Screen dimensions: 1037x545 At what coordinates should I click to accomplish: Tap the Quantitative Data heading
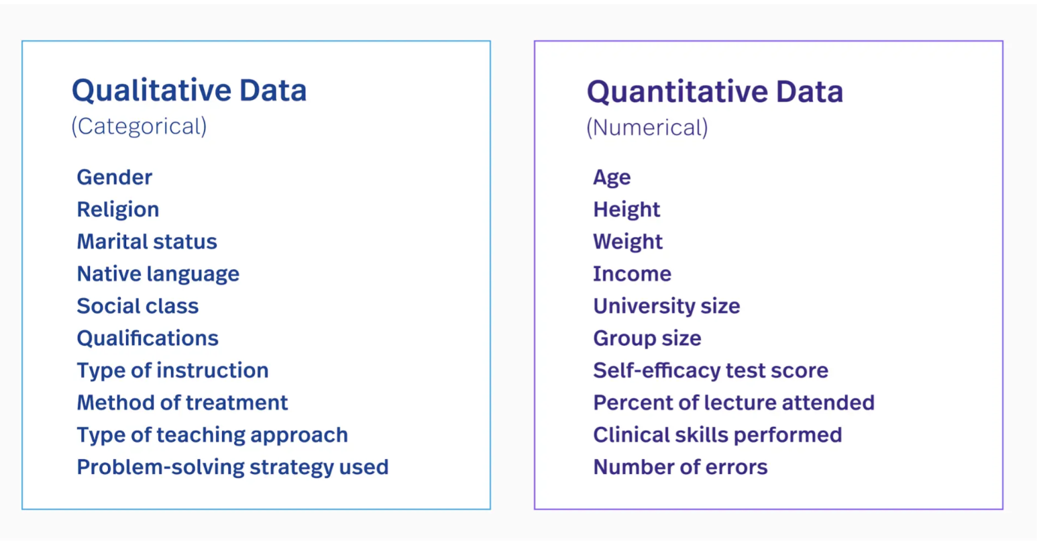(715, 92)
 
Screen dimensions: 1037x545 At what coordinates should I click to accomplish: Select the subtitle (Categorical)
(139, 126)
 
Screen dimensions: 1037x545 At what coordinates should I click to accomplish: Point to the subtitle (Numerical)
(647, 128)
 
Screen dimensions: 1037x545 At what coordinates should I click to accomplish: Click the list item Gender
(114, 177)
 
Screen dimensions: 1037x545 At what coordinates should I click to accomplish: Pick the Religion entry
(117, 210)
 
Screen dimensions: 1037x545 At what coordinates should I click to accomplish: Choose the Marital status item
(147, 242)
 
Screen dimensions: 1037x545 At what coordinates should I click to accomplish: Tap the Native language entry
(158, 274)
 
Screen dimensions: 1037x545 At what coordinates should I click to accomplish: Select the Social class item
(138, 306)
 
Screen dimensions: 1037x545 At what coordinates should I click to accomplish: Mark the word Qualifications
(147, 338)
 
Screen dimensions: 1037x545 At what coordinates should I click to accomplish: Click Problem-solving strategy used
(232, 467)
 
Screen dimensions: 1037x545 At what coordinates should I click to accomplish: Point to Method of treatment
(182, 403)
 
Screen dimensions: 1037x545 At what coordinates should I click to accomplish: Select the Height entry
(626, 210)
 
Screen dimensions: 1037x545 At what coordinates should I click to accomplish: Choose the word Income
(632, 274)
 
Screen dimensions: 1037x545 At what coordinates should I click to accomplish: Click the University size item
(667, 306)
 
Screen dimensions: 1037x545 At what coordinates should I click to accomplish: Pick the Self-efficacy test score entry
(710, 370)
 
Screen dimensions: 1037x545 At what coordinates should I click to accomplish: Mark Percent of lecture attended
(734, 403)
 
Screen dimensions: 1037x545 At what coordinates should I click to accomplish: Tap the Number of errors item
(680, 467)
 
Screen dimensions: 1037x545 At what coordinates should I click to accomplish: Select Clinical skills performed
(718, 435)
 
